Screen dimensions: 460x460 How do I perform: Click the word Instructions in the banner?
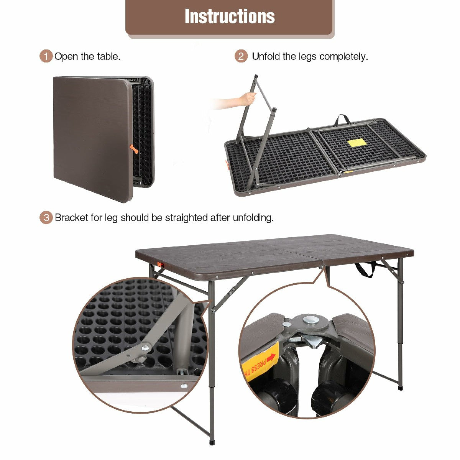click(x=230, y=16)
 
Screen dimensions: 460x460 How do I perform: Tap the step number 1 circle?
click(x=46, y=56)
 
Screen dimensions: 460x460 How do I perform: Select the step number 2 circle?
click(x=241, y=56)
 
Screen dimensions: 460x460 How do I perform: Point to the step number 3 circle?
click(x=46, y=217)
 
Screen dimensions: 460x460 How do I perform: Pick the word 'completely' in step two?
click(x=343, y=57)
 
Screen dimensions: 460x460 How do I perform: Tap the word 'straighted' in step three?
click(x=186, y=218)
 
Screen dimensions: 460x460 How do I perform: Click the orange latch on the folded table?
click(x=134, y=149)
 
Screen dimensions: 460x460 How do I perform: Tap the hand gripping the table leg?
click(x=248, y=99)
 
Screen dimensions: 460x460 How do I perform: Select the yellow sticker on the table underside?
click(x=357, y=143)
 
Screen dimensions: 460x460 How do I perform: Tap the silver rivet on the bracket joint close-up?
click(x=145, y=348)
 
